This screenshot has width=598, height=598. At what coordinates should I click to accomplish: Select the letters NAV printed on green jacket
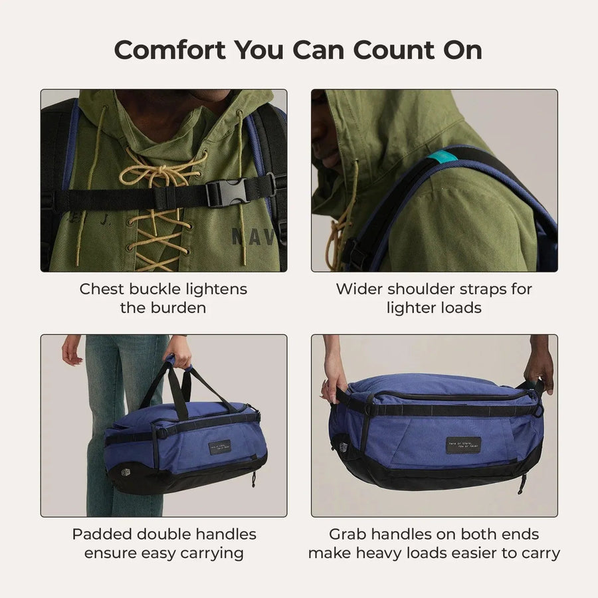tap(252, 237)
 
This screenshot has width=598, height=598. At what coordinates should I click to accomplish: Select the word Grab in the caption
tap(347, 534)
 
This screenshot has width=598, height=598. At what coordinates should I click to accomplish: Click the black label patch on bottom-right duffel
tap(464, 443)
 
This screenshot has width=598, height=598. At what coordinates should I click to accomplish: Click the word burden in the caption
tap(176, 308)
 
